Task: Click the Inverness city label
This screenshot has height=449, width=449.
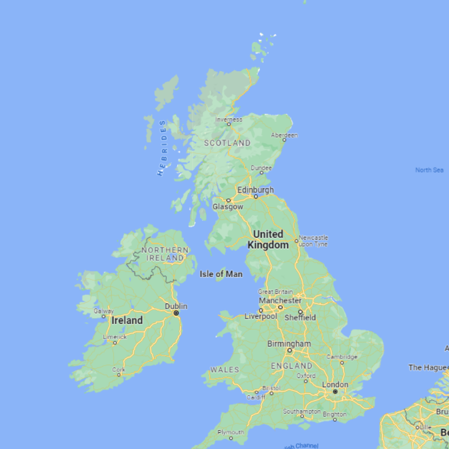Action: point(228,119)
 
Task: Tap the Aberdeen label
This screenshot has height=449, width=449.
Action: point(284,135)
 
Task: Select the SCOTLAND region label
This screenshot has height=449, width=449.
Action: point(227,143)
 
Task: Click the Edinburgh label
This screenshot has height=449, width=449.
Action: point(255,190)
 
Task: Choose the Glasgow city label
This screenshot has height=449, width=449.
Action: point(228,207)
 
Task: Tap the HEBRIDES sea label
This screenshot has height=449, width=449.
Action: point(162,148)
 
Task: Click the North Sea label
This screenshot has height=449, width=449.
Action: point(429,170)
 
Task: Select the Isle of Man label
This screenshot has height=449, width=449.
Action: point(221,274)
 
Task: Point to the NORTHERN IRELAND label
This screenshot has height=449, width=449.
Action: point(165,254)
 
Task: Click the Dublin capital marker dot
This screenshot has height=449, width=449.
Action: point(176,313)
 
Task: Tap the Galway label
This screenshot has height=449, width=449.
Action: point(103,311)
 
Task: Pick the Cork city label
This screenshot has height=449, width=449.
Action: point(118,370)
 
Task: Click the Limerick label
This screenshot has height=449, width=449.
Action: point(114,337)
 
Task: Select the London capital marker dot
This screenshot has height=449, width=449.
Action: point(335,392)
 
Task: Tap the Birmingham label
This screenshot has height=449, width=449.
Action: point(289,344)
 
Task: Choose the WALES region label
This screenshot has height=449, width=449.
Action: point(224,370)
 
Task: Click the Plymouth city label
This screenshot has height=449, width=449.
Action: point(231,432)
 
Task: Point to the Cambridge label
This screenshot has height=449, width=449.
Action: point(342,357)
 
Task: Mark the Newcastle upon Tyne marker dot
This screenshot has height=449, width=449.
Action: point(296,241)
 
